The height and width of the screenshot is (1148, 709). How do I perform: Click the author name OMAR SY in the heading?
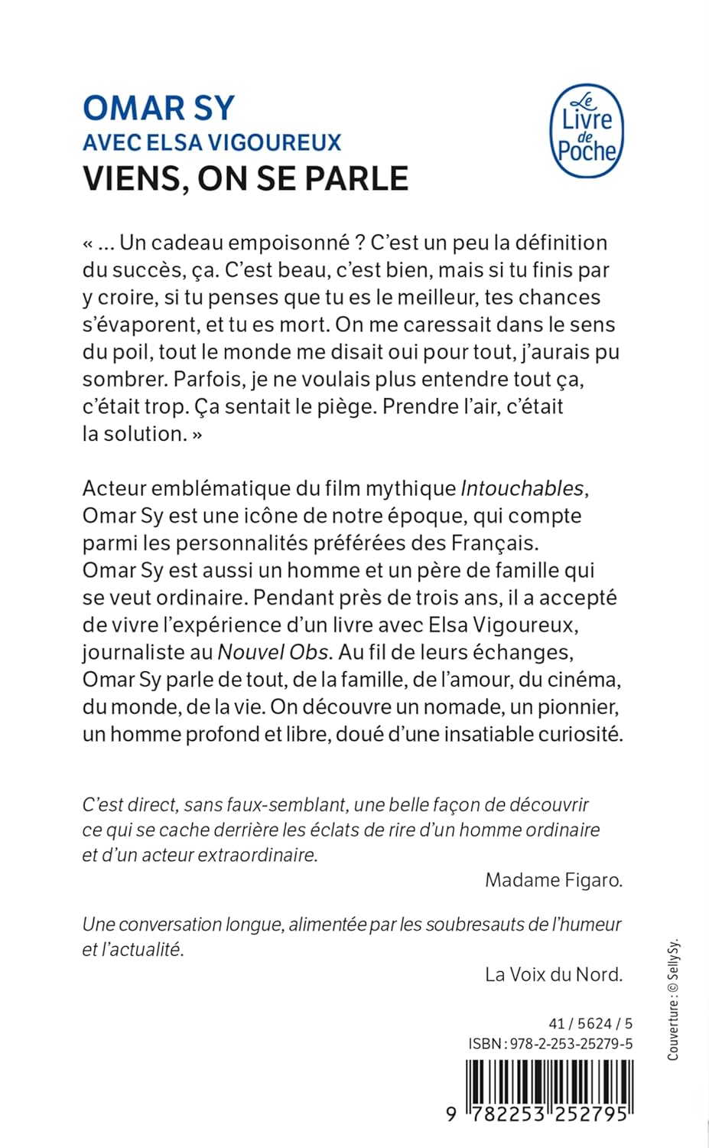pos(158,108)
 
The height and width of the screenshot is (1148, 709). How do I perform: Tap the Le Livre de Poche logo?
pos(587,131)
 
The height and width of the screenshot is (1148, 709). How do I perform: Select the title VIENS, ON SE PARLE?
pos(246,178)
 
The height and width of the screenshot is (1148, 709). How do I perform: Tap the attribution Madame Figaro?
pos(554,880)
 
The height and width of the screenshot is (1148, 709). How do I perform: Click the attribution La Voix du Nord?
pos(554,974)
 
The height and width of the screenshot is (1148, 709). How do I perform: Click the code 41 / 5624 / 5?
pos(590,1023)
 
